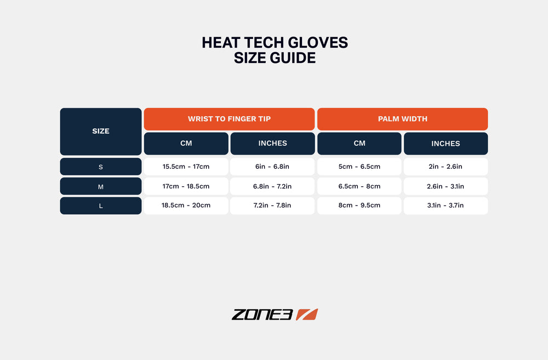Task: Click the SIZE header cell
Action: click(101, 131)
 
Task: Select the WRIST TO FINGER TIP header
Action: click(229, 119)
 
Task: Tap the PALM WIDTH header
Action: click(402, 119)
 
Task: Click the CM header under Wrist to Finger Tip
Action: click(186, 144)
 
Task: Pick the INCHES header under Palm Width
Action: click(446, 144)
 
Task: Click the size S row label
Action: click(101, 167)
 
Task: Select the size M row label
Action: click(101, 186)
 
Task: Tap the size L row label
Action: click(101, 205)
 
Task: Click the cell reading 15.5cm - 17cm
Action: click(186, 167)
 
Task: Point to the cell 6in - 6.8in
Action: click(272, 167)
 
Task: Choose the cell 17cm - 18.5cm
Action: click(186, 186)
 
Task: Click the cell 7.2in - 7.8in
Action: click(272, 205)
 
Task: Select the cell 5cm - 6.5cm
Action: click(359, 167)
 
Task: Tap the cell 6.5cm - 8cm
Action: click(359, 186)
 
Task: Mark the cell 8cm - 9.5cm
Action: click(359, 205)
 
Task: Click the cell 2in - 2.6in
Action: click(446, 167)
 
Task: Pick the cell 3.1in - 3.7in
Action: click(446, 205)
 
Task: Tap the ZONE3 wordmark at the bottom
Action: click(262, 315)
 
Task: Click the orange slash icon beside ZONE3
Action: click(307, 315)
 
